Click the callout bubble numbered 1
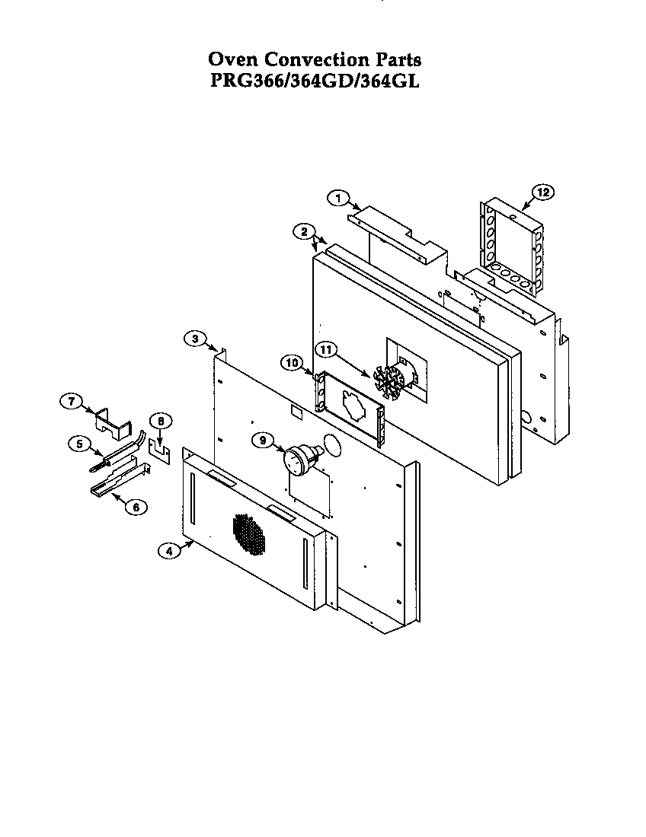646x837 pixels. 337,198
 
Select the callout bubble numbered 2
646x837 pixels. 303,231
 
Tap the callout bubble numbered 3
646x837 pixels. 194,339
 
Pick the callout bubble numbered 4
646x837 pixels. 169,552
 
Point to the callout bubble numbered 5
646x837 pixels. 78,444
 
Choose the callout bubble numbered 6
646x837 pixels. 136,506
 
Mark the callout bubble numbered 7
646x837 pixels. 70,401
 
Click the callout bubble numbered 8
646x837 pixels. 160,421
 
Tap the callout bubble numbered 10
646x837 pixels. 291,363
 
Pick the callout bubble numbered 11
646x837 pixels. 326,350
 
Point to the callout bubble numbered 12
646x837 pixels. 543,193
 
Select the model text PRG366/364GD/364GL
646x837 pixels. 315,81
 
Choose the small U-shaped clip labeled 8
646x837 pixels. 159,450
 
